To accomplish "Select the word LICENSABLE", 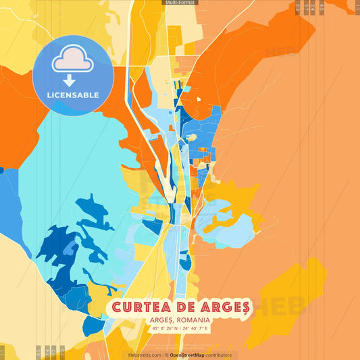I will click(x=73, y=95).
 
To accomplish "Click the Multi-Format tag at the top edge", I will click(x=180, y=3).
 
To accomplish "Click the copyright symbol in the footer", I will click(x=166, y=355).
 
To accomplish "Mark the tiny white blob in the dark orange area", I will click(x=199, y=99).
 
